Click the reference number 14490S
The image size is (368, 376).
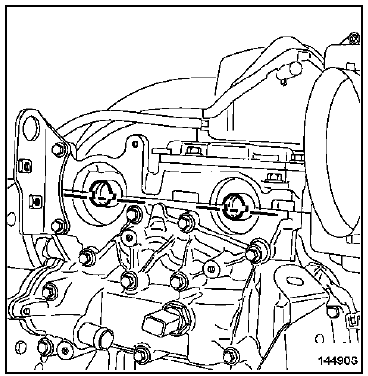pos(338,360)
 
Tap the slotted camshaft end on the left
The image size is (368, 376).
pos(104,194)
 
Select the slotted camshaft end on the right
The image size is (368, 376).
pos(236,206)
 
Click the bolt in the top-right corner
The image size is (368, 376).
pos(355,38)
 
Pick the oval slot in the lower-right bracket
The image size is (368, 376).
pos(295,281)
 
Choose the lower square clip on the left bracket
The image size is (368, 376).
pos(36,202)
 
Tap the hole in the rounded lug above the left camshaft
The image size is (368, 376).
pos(136,144)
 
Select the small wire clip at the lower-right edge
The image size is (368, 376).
pos(353,320)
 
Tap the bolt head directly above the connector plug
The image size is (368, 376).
pos(179,280)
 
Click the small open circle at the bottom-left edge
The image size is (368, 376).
pos(20,346)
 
